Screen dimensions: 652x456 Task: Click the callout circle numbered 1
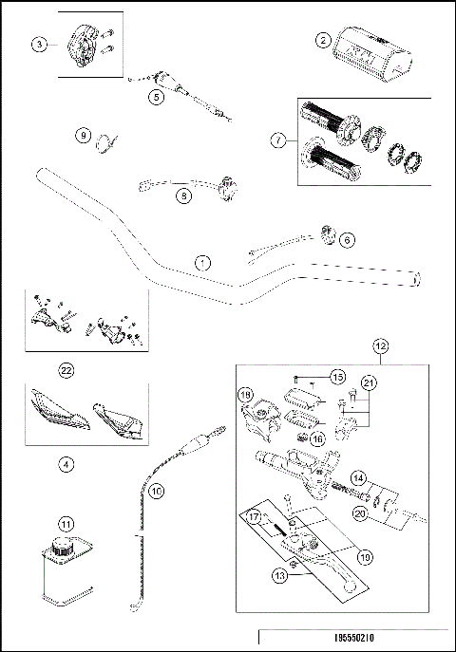200,260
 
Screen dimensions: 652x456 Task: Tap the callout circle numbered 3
39,45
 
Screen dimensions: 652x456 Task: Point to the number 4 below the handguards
66,465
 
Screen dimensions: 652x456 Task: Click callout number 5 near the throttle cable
156,96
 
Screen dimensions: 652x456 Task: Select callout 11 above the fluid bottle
66,523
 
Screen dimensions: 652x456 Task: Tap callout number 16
317,439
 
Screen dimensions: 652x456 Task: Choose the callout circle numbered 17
256,519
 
